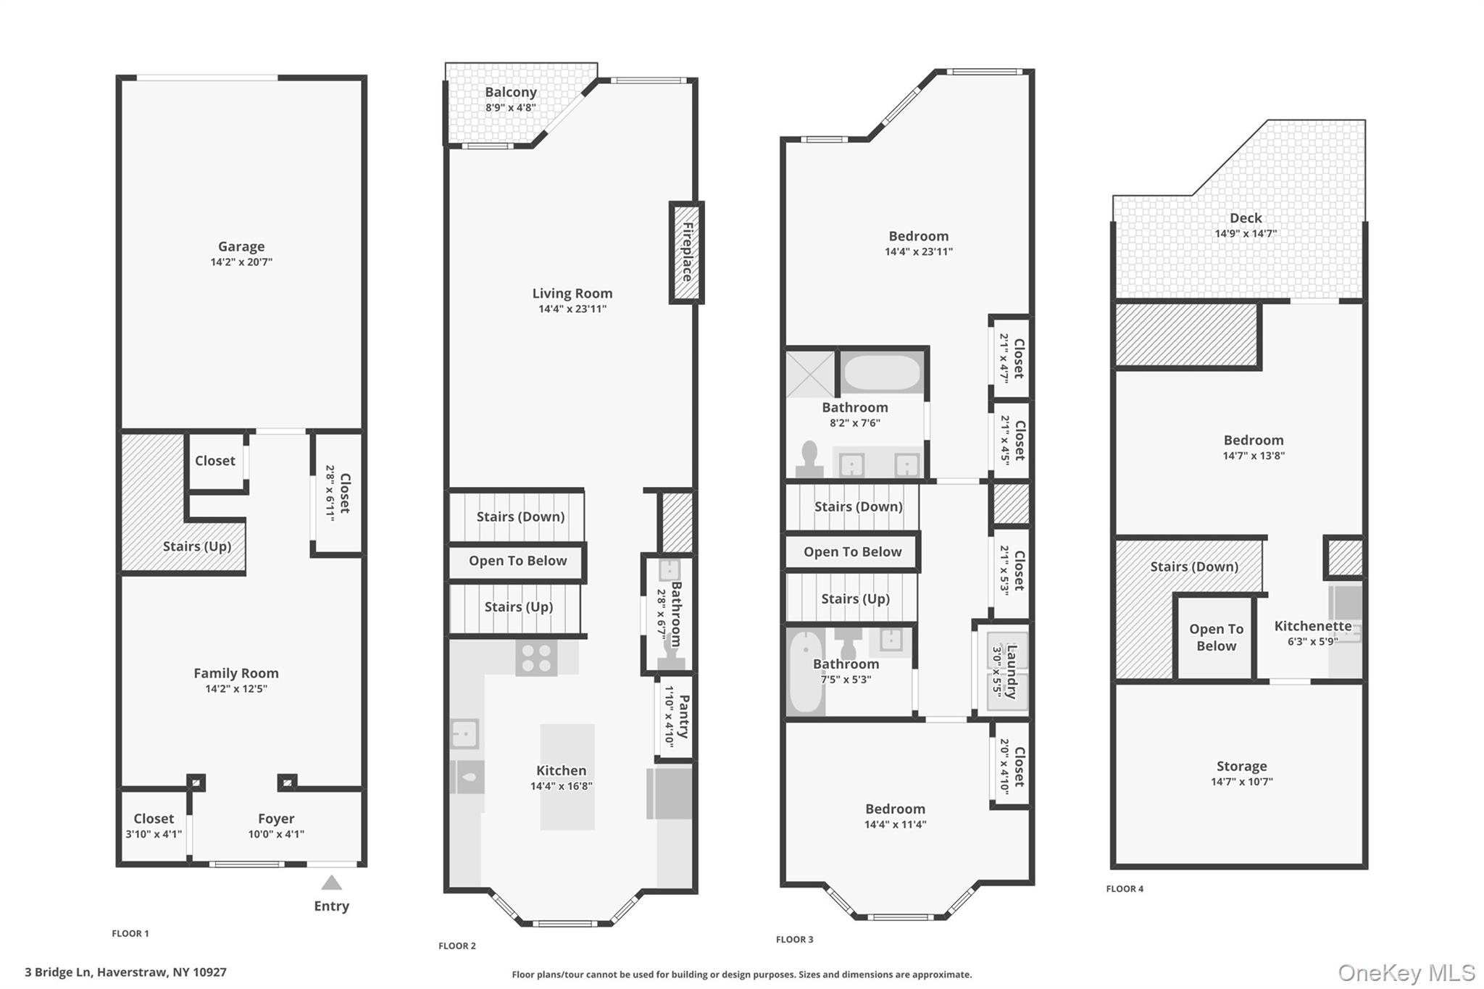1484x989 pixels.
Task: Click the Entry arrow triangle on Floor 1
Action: click(x=331, y=882)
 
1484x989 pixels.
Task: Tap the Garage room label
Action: click(x=241, y=246)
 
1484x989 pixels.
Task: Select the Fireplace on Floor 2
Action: click(x=686, y=252)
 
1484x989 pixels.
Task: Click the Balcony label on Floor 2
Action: click(x=511, y=92)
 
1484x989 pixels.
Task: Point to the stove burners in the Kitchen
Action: click(x=536, y=658)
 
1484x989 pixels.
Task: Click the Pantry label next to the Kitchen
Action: click(x=683, y=717)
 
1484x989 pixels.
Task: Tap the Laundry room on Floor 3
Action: click(x=1002, y=671)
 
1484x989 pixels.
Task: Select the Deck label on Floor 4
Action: click(x=1246, y=218)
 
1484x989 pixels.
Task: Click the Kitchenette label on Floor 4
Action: click(x=1313, y=626)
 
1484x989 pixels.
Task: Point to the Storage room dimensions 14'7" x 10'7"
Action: click(x=1241, y=781)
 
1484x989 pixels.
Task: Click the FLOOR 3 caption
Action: click(x=794, y=939)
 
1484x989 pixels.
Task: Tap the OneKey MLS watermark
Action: click(x=1406, y=972)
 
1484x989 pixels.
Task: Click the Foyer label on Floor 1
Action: click(x=276, y=819)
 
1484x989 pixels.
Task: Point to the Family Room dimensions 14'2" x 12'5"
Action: click(x=236, y=688)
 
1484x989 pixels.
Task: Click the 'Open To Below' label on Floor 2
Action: click(x=517, y=561)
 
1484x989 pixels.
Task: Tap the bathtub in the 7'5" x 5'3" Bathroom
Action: click(x=804, y=672)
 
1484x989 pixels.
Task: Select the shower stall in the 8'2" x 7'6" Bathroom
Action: click(x=811, y=375)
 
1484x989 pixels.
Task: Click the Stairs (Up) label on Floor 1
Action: click(x=197, y=546)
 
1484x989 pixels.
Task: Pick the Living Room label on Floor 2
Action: click(x=572, y=293)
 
